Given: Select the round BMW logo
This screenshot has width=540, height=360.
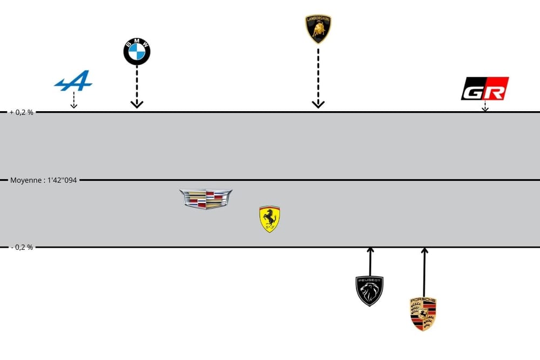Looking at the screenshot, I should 137,52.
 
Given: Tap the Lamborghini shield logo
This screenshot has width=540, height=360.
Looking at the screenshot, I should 318,29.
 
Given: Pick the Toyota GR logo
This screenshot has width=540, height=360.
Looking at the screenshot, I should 485,89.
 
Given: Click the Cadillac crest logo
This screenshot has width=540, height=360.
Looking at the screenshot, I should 206,199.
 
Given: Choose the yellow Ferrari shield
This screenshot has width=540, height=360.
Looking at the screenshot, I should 269,219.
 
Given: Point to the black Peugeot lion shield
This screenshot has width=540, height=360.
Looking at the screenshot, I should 370,290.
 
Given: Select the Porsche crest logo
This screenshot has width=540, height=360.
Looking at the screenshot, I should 423,314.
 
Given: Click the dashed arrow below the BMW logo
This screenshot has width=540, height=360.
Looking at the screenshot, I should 137,86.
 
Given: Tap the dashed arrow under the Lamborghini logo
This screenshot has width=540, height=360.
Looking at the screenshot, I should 318,78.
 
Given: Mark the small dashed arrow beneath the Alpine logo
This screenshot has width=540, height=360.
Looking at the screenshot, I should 74,101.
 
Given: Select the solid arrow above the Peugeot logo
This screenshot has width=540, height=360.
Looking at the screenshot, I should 370,261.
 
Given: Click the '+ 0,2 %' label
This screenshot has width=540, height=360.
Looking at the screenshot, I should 21,112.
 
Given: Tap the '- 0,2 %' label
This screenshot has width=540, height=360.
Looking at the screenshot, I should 21,247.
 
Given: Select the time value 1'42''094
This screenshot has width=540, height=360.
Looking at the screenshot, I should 60,180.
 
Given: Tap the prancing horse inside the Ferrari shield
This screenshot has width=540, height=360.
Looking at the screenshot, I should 269,218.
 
